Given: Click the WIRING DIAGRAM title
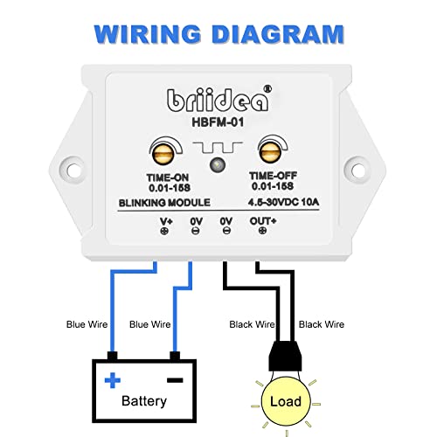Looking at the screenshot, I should [218, 35].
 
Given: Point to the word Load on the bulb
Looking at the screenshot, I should [286, 403].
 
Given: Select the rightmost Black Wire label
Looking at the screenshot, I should [321, 324].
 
